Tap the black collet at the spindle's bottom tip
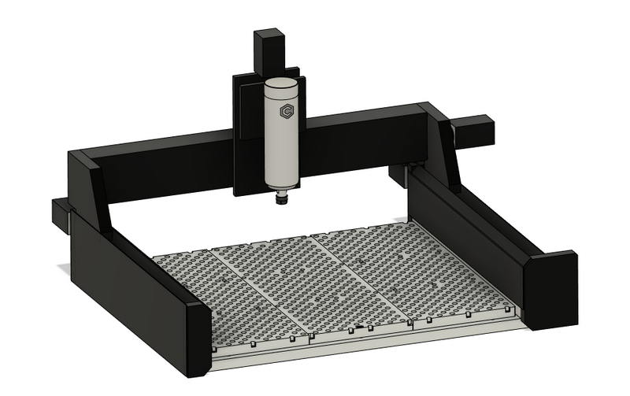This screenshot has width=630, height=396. click(x=280, y=201)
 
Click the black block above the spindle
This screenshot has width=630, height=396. click(x=268, y=51)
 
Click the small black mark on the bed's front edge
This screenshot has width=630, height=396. click(x=360, y=327)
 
